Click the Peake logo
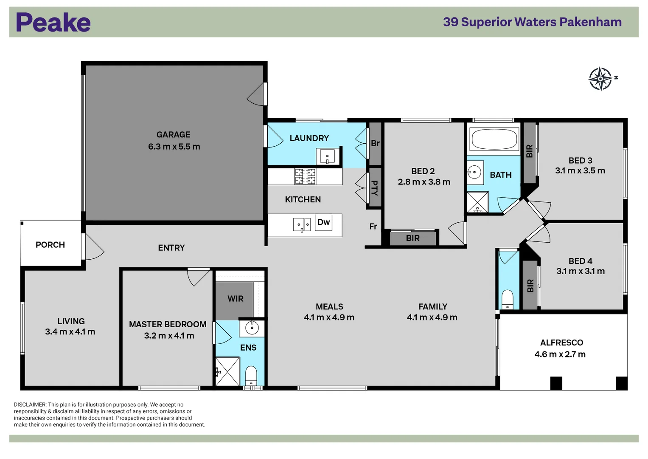click(53, 23)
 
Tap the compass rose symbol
click(600, 79)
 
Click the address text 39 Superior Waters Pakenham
click(532, 22)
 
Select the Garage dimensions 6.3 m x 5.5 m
click(174, 147)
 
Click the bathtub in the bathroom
click(494, 139)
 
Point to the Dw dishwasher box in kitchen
click(324, 222)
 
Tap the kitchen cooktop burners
click(305, 176)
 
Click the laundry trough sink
click(327, 156)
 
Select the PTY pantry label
click(375, 187)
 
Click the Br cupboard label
click(375, 143)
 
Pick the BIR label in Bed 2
click(412, 238)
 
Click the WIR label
click(236, 299)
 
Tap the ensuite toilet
click(251, 376)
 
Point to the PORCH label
click(50, 245)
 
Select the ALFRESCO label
click(561, 343)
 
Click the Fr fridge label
click(373, 227)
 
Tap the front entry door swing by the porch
click(94, 248)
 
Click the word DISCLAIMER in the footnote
click(30, 405)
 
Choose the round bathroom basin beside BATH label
click(474, 172)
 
